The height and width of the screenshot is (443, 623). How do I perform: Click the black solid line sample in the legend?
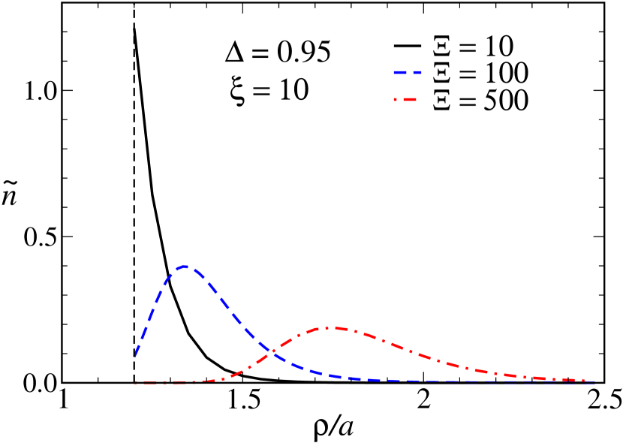pos(407,46)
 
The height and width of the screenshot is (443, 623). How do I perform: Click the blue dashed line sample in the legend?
pos(407,73)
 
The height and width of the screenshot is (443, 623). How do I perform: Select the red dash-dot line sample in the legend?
pos(407,100)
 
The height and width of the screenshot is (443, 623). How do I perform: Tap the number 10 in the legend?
pos(498,47)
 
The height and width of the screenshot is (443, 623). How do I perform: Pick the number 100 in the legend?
pos(507,74)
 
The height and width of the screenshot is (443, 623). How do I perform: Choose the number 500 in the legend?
pos(507,101)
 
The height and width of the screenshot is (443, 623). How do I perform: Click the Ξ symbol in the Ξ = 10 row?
pos(442,47)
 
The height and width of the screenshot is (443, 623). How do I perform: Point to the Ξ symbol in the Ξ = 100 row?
pos(442,74)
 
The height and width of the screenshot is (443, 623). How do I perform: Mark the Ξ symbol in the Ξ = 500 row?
pos(442,101)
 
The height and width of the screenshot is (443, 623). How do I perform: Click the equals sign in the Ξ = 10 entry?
pos(467,47)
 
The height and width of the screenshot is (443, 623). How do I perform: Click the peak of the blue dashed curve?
pos(185,267)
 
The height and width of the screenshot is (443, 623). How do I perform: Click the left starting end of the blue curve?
pos(135,355)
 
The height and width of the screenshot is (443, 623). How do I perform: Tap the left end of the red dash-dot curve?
pos(136,382)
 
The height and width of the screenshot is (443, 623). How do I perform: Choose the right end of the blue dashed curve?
pos(594,382)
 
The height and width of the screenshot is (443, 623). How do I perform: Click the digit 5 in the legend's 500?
pos(491,101)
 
